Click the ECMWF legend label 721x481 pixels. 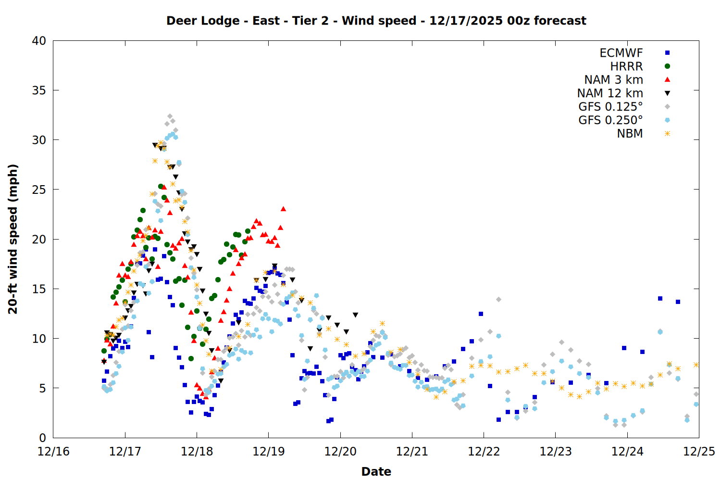tap(621, 53)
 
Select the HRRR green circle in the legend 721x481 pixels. tap(667, 66)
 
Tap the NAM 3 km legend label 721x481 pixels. tap(613, 80)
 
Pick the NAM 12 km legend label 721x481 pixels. tap(610, 93)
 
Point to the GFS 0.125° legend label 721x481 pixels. tap(610, 107)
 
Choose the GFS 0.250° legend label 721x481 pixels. tap(610, 120)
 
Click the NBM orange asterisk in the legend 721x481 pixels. tap(667, 134)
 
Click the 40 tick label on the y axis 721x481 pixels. tap(39, 41)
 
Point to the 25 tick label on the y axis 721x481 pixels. tap(39, 190)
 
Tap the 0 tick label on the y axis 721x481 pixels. tap(43, 438)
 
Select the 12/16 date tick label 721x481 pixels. tap(53, 452)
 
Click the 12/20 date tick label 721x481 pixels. tap(340, 452)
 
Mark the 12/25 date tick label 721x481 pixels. tap(699, 452)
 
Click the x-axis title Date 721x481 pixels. tap(376, 471)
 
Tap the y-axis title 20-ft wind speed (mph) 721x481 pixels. tap(13, 239)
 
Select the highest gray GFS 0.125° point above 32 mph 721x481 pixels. tap(170, 116)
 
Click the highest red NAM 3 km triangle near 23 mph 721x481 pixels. tap(283, 209)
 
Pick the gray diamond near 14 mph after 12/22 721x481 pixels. tap(498, 299)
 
